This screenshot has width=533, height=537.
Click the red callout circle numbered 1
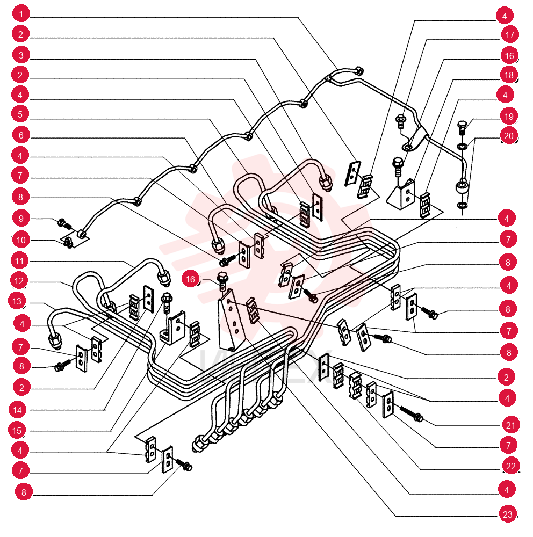coord(21,14)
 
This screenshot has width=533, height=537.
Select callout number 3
coord(21,55)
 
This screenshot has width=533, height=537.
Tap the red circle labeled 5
coord(20,114)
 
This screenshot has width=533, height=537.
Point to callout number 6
coord(21,135)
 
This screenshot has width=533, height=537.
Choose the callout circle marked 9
coord(21,219)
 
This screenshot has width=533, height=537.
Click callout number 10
coord(21,240)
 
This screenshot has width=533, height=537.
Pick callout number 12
coord(19,281)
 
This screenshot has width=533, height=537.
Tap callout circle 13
coord(17,301)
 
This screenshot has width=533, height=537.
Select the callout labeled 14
coord(18,410)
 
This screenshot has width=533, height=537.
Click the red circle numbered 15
coord(17,431)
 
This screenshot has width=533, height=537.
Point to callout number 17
coord(510,34)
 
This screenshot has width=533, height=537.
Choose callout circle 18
coord(509,75)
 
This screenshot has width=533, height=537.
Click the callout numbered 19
coord(509,117)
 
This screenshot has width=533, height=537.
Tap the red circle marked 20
coord(509,136)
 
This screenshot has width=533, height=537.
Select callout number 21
coord(511,425)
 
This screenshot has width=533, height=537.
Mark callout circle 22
coord(511,466)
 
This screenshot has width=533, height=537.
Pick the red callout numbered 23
coord(508,514)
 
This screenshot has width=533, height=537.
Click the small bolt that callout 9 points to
coord(64,224)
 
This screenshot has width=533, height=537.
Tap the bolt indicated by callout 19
coord(463,127)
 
